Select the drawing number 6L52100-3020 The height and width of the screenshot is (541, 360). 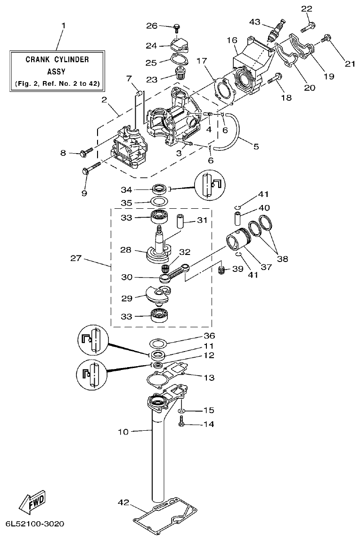coord(35,525)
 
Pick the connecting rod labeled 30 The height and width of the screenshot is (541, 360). coord(176,273)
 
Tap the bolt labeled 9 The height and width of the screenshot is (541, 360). coord(92,168)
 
